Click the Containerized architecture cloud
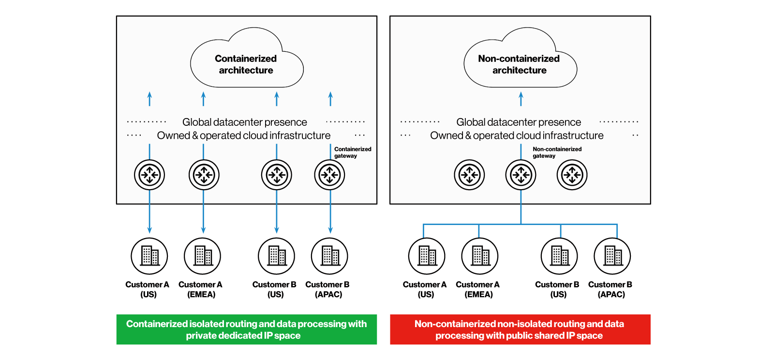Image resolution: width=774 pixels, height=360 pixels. [246, 64]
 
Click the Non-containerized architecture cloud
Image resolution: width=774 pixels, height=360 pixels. [520, 64]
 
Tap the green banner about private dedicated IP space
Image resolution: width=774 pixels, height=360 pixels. [246, 330]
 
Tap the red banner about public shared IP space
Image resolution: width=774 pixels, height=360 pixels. [520, 330]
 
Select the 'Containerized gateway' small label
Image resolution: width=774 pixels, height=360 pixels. [352, 152]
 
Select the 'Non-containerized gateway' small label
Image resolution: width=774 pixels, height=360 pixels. [556, 152]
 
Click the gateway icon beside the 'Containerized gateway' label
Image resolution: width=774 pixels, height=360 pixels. [330, 175]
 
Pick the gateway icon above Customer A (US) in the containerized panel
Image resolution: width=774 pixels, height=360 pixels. [149, 175]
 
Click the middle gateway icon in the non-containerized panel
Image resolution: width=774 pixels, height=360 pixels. [521, 175]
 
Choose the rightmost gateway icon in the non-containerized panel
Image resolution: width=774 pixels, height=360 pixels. [572, 175]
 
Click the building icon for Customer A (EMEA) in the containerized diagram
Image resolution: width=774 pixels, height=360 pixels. [203, 256]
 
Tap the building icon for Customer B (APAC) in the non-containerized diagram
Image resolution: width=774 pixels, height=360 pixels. [612, 256]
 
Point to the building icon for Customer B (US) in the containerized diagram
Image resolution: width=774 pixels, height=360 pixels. [277, 256]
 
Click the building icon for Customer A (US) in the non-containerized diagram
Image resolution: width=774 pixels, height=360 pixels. [427, 256]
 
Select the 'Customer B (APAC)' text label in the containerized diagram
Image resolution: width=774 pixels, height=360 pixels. [328, 289]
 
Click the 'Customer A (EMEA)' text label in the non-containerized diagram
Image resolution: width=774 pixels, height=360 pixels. [478, 289]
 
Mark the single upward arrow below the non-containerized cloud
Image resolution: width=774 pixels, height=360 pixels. [521, 99]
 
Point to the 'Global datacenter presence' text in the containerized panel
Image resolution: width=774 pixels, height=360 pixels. [245, 122]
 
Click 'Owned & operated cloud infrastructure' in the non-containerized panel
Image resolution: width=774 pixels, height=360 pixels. [517, 135]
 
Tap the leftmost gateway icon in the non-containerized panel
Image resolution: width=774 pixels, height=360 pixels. [469, 175]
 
